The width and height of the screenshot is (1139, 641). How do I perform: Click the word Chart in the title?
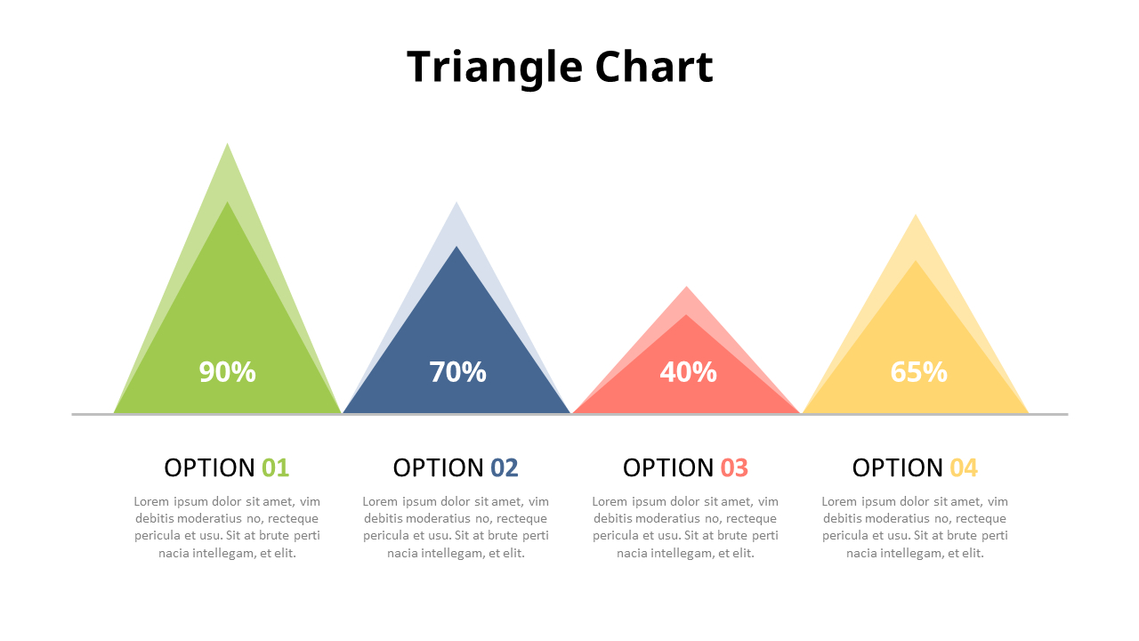click(x=654, y=68)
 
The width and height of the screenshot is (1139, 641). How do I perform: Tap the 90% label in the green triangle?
click(x=227, y=372)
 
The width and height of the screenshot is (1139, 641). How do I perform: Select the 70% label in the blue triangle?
click(x=457, y=372)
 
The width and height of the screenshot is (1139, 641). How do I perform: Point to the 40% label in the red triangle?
click(x=688, y=372)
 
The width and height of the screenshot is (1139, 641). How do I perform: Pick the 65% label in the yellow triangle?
click(x=918, y=372)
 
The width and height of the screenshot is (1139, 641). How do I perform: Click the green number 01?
click(x=275, y=467)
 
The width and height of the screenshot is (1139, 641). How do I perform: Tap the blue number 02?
click(x=505, y=467)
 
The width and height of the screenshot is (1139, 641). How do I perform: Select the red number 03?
click(x=734, y=467)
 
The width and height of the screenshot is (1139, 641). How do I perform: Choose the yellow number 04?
click(x=964, y=467)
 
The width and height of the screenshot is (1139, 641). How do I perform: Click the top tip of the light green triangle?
click(x=228, y=144)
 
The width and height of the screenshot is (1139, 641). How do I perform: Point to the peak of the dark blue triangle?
click(x=456, y=247)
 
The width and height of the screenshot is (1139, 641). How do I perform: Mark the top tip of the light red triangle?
click(x=686, y=288)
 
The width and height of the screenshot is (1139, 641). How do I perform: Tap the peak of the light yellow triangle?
click(x=916, y=215)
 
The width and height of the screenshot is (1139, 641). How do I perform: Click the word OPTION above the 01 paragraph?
click(x=209, y=467)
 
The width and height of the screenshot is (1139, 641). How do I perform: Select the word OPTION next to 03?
click(x=667, y=467)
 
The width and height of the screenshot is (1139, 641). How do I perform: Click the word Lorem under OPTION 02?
click(x=380, y=502)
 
